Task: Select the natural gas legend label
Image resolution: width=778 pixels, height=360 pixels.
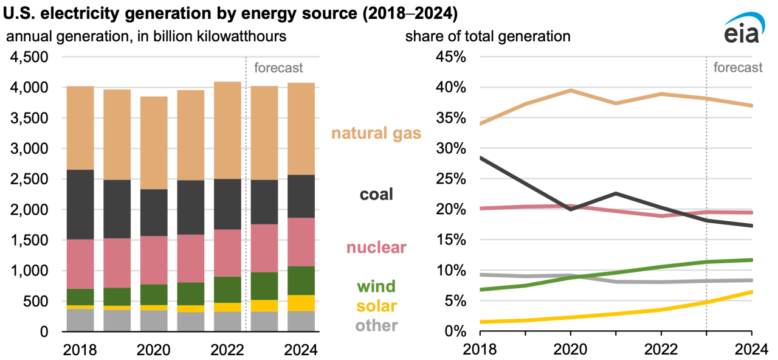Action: tap(376, 133)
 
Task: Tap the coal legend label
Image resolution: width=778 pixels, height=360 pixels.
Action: tap(376, 194)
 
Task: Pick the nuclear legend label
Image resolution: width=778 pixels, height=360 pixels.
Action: tap(376, 247)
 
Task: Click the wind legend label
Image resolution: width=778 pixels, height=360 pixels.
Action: tap(376, 286)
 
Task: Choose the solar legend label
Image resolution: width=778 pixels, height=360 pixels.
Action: tap(376, 305)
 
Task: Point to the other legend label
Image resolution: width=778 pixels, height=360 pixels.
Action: tap(376, 325)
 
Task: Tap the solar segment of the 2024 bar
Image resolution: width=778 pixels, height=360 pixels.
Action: tap(301, 303)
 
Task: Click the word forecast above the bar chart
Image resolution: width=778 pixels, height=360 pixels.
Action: tap(278, 67)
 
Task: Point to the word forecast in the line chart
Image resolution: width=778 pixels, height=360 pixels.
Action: tap(737, 67)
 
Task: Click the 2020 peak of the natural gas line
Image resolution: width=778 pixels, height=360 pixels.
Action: tap(570, 91)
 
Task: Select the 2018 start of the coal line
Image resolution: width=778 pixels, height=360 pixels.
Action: tap(481, 158)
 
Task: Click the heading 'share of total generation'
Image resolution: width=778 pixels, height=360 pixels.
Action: tap(487, 36)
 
